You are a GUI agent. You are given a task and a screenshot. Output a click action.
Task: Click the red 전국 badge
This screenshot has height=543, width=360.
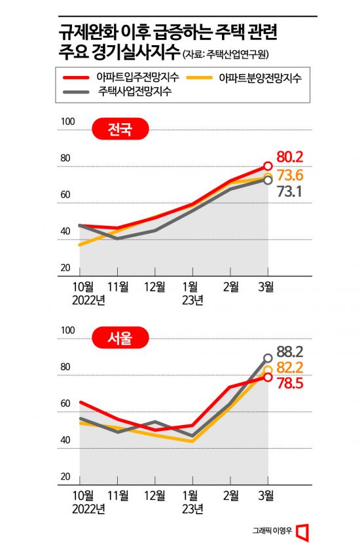tap(119, 130)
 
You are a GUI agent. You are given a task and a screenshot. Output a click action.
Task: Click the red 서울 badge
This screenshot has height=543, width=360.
tap(119, 339)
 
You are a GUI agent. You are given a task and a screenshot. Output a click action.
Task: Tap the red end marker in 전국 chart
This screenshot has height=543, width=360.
tap(268, 166)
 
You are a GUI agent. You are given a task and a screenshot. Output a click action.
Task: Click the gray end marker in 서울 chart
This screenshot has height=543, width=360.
tap(268, 358)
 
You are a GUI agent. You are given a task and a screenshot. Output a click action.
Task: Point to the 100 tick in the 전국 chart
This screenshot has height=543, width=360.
tap(65, 122)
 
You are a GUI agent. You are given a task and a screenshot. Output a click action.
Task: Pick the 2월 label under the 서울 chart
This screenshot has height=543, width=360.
tap(231, 496)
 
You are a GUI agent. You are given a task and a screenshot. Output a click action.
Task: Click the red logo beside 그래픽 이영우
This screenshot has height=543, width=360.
tap(302, 529)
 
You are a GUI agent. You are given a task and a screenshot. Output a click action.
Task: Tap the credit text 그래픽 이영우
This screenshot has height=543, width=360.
tap(271, 530)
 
